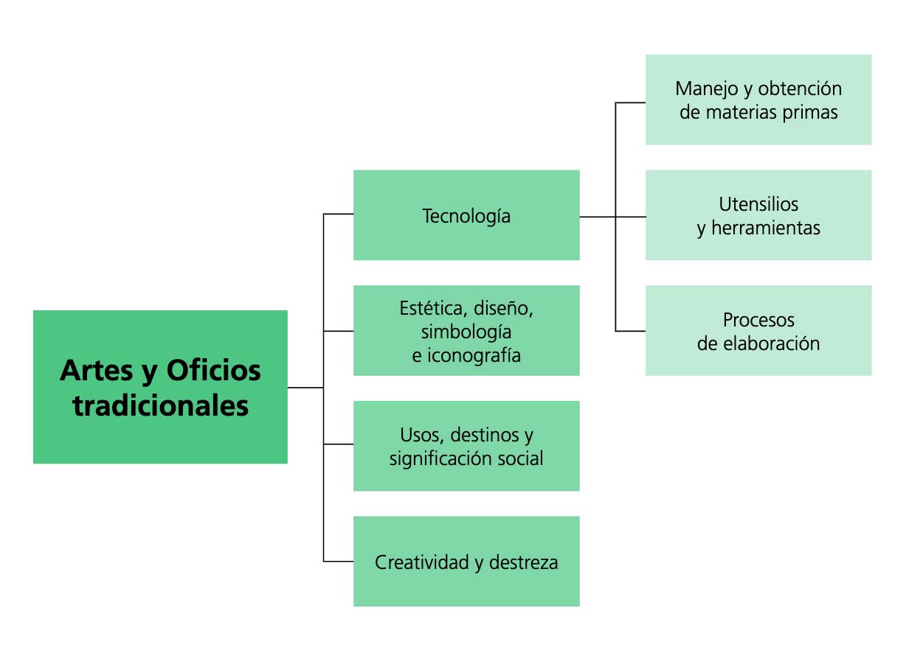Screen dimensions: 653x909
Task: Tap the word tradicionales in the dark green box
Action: click(160, 405)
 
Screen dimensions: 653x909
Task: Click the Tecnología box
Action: click(466, 216)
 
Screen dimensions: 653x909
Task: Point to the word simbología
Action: click(466, 331)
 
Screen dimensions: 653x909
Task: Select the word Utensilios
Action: click(758, 203)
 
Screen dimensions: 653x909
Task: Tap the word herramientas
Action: click(766, 228)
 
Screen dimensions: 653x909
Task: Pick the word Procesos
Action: click(758, 320)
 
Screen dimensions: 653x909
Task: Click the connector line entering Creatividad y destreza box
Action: click(338, 562)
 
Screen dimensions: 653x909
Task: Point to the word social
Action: click(520, 458)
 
